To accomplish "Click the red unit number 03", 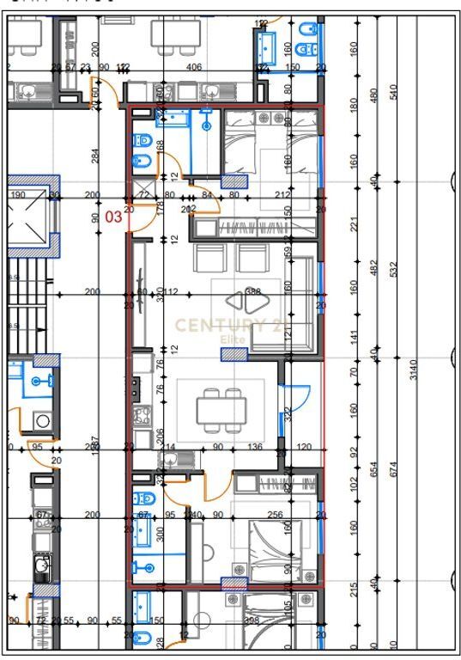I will [x=113, y=217].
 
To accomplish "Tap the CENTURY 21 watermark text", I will [x=233, y=325].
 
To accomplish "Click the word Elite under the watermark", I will [x=233, y=339].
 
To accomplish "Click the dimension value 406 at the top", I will [x=194, y=67].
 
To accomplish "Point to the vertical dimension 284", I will [x=95, y=156].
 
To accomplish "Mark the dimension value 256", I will [x=275, y=515].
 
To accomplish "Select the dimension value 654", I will [x=373, y=469].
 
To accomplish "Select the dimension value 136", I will [x=255, y=447].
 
